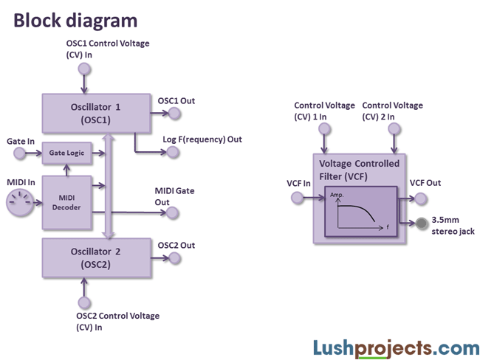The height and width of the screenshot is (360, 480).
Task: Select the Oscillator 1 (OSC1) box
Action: (96, 113)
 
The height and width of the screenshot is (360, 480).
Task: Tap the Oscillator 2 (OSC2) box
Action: (96, 257)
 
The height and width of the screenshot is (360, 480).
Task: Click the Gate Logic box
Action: (66, 153)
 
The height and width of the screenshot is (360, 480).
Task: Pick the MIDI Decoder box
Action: (66, 200)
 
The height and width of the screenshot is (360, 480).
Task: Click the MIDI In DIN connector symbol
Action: (20, 201)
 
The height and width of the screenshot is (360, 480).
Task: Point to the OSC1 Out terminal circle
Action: (174, 113)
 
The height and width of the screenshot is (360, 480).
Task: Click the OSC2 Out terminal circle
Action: (174, 257)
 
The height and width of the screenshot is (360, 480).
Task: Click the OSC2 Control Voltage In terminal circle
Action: (84, 302)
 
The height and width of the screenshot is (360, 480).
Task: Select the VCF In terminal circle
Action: (297, 197)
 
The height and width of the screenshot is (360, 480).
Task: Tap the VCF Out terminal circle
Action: (420, 197)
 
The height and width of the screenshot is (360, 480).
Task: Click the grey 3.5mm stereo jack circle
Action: (422, 224)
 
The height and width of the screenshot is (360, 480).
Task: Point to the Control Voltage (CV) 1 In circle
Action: (324, 128)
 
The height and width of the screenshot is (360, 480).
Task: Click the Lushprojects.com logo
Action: (396, 346)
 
